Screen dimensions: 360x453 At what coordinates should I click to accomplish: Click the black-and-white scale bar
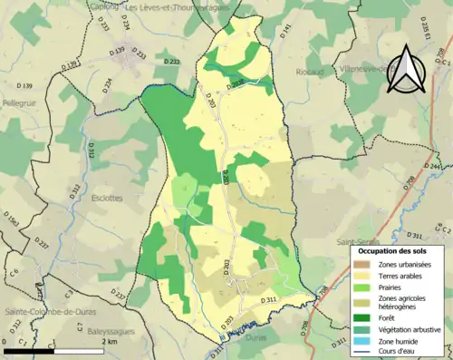click(x=55, y=351)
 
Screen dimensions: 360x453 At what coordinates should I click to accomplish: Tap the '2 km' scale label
click(x=108, y=342)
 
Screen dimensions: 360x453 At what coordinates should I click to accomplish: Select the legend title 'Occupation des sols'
click(x=392, y=249)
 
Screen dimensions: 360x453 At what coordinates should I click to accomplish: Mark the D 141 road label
click(x=287, y=32)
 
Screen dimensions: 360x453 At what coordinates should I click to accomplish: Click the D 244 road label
click(x=432, y=167)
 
